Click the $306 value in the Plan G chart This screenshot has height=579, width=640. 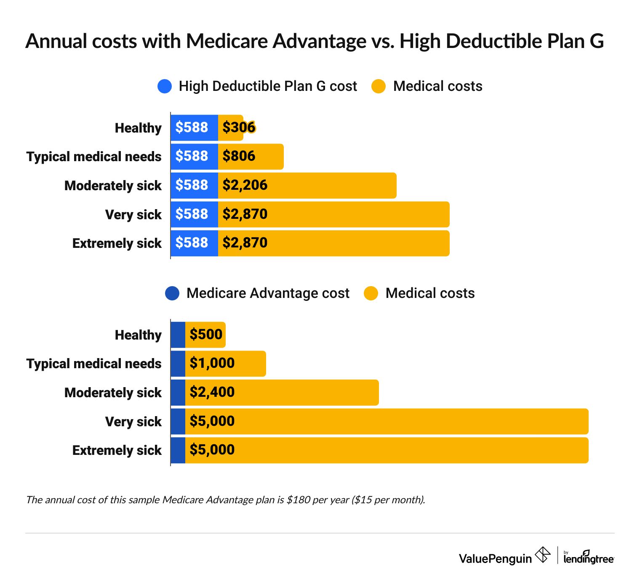239,127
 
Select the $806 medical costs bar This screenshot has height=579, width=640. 251,157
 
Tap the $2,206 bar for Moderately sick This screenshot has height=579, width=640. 307,186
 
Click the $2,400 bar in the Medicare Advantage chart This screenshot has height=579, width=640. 282,393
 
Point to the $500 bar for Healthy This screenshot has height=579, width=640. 205,335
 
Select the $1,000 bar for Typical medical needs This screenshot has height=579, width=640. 225,364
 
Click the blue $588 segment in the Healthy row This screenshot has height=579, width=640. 194,127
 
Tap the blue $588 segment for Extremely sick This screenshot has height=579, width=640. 194,243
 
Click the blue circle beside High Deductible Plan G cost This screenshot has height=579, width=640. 165,86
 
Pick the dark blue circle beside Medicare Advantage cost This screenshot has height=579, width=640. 172,293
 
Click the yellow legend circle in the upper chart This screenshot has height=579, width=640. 379,86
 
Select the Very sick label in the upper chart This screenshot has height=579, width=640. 133,215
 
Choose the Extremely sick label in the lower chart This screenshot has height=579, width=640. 117,450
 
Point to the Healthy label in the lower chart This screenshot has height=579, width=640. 138,335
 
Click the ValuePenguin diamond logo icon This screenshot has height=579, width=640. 543,555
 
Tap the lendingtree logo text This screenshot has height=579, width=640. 589,559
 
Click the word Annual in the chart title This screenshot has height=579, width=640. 56,42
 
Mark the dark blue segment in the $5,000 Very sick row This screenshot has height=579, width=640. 178,421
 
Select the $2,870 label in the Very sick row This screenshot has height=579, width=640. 245,214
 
